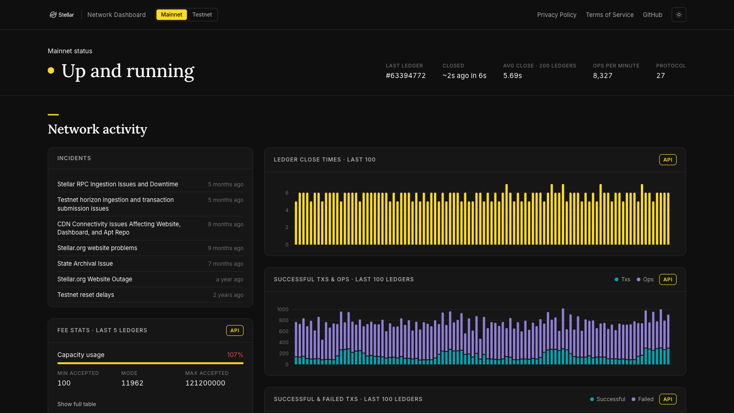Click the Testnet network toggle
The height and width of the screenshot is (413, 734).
202,15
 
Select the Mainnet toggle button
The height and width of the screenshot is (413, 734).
172,15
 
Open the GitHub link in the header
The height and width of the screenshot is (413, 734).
652,15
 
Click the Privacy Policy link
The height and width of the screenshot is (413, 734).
556,15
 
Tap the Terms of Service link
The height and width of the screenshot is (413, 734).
610,15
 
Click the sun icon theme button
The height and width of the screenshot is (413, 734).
678,15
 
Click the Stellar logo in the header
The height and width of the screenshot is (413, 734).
61,15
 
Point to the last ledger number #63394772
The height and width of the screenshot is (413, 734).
406,76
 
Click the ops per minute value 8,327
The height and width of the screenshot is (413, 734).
602,76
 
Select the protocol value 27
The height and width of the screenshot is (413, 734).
660,76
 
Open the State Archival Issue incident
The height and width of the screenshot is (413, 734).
85,263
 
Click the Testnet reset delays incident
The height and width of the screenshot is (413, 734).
85,295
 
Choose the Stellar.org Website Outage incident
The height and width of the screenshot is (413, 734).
95,279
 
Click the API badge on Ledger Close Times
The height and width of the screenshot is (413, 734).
667,160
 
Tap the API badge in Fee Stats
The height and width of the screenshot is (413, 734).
234,330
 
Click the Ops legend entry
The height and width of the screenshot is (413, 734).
645,279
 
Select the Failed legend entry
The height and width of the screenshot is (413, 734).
642,399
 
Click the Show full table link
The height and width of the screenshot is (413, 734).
77,404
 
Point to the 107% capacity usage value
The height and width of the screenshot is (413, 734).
235,355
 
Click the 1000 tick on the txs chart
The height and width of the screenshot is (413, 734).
283,309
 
